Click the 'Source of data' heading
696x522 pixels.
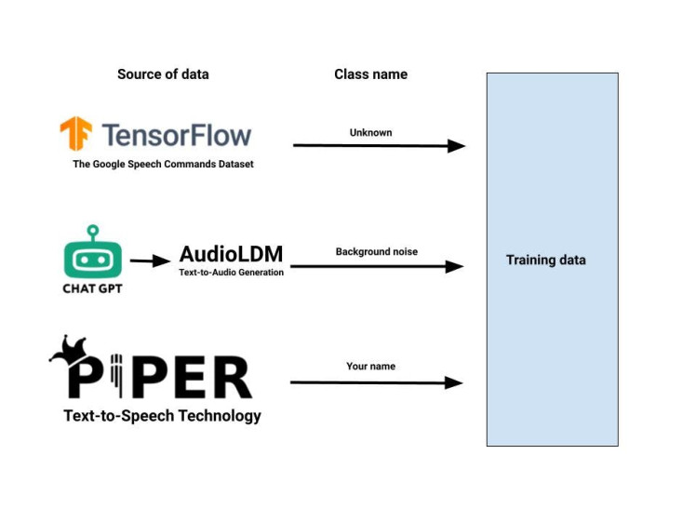click(163, 74)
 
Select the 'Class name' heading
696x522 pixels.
click(370, 74)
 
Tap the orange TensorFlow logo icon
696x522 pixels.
click(75, 135)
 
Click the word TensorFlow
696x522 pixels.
click(177, 136)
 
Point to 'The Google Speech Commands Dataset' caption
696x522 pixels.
click(163, 164)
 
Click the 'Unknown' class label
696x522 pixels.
click(370, 132)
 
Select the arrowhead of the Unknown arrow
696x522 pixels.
click(456, 145)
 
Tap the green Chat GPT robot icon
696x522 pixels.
click(92, 254)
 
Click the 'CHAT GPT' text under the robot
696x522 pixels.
click(92, 288)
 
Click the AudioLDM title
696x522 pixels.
click(231, 254)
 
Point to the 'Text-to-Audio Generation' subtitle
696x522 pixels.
click(231, 273)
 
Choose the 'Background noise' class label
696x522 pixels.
click(377, 251)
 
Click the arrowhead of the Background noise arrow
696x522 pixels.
click(454, 267)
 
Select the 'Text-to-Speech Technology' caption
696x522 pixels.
click(162, 416)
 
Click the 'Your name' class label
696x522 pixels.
click(370, 367)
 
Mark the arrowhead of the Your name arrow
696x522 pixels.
click(453, 382)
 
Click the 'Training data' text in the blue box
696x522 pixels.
click(546, 260)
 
